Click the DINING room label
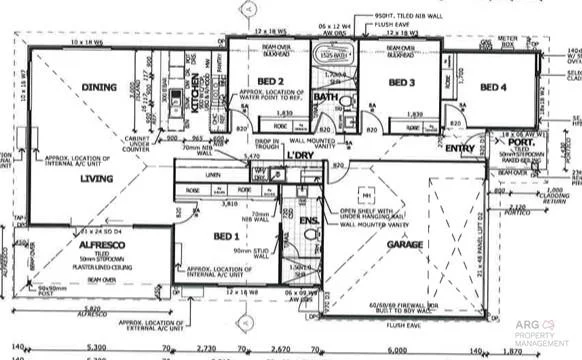98,87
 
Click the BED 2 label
271,81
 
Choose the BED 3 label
401,82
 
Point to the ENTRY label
460,148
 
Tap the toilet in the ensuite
309,236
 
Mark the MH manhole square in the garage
368,195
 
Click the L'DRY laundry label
301,156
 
